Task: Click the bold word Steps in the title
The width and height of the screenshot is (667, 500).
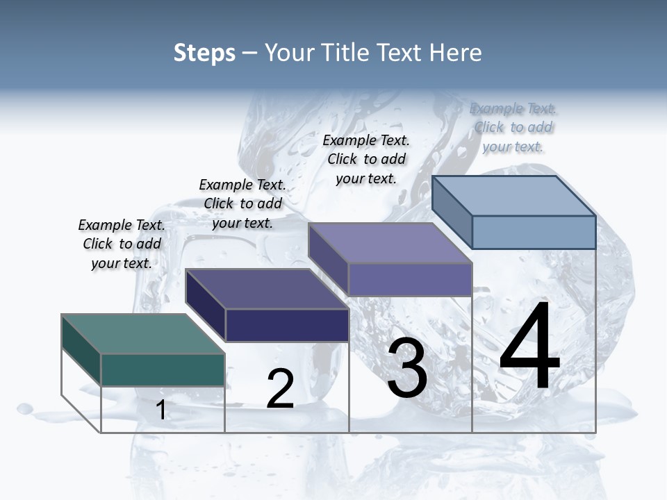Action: [204, 53]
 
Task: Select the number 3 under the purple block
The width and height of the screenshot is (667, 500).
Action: [407, 369]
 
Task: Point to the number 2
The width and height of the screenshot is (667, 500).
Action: [280, 389]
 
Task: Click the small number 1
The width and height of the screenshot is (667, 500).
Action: [161, 410]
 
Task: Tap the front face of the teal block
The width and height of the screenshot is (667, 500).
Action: [163, 369]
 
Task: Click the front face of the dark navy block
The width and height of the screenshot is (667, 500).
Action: [287, 325]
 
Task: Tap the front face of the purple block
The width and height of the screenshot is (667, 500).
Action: [410, 279]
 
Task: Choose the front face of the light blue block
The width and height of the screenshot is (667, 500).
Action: [534, 232]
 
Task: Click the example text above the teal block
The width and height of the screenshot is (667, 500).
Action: [122, 244]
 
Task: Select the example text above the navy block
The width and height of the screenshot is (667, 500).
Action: [242, 204]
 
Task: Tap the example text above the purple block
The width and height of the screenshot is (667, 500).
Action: [366, 159]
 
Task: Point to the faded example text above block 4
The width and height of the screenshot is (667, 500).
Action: [513, 127]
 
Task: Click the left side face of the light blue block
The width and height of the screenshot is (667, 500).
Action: [452, 212]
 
